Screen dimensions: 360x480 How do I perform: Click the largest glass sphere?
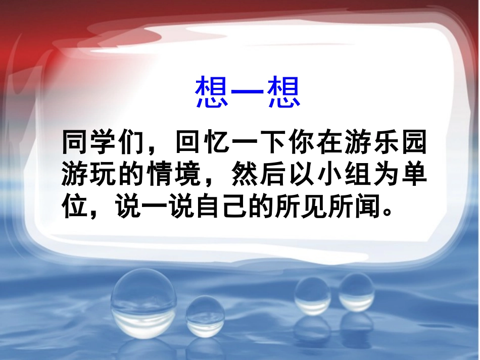pyautogui.click(x=143, y=303)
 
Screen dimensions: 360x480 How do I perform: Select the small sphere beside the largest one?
pyautogui.click(x=204, y=315)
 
